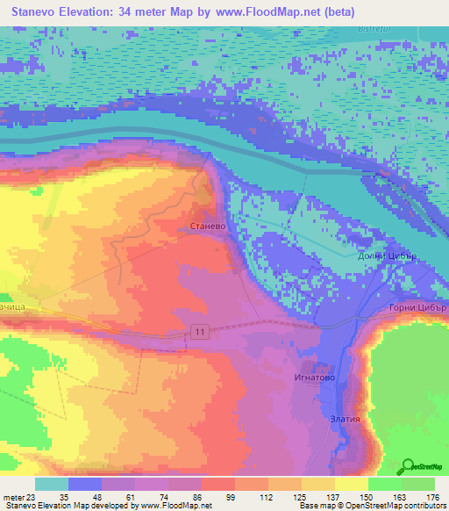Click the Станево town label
pos(208,226)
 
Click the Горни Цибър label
pos(417,308)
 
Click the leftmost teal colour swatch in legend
pos(51,484)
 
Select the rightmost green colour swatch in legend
pos(418,484)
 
